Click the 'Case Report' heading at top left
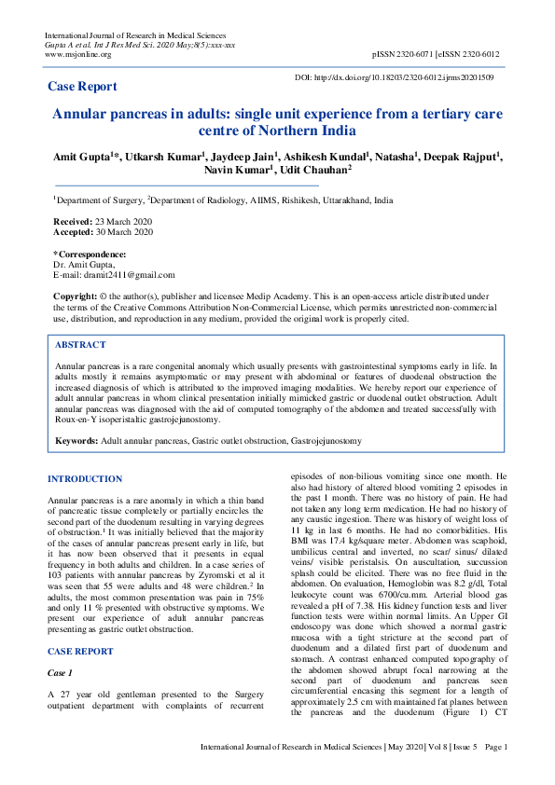coord(83,87)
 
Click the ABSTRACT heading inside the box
coord(80,345)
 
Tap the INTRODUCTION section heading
coord(85,479)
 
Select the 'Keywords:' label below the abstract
coord(76,439)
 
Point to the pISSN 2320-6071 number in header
coord(404,54)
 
